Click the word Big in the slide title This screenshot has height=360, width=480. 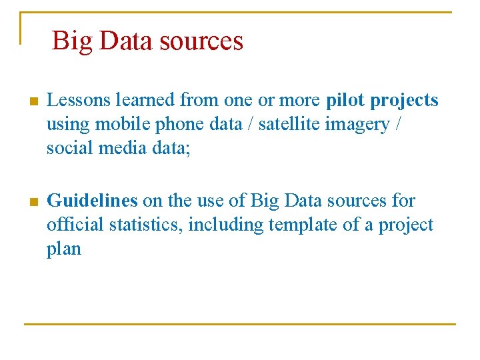click(x=72, y=41)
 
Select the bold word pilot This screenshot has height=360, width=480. click(x=345, y=101)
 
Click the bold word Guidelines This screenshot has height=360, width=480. click(x=92, y=201)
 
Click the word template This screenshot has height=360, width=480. click(x=304, y=225)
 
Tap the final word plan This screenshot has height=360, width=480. click(x=63, y=250)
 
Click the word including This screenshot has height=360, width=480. click(x=226, y=225)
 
